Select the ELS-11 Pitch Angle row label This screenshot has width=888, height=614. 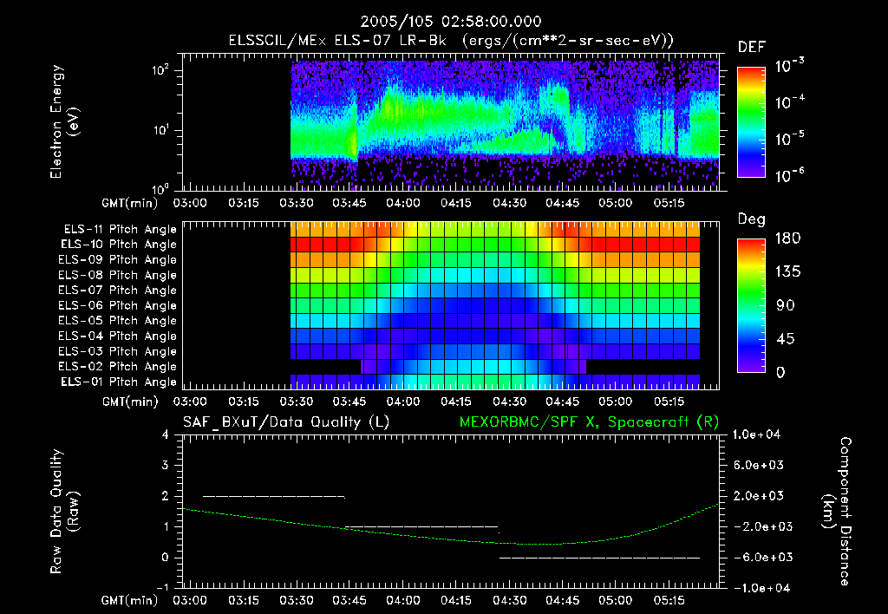[x=120, y=230]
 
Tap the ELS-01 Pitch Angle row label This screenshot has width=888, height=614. [x=120, y=382]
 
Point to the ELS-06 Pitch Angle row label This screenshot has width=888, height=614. [x=120, y=305]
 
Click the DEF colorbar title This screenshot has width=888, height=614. [x=751, y=47]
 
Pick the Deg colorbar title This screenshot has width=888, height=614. [x=751, y=219]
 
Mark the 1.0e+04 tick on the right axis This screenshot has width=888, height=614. [x=759, y=434]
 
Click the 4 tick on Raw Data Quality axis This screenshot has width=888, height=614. [x=165, y=434]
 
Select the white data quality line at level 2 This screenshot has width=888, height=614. [x=273, y=496]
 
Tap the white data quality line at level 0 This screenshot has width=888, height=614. [x=599, y=558]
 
